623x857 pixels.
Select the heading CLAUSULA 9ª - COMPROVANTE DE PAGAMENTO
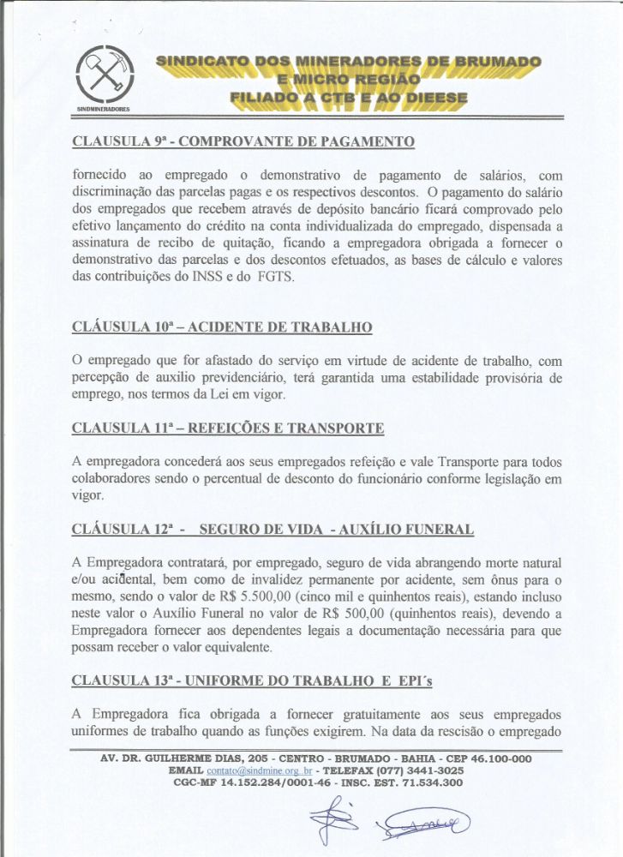pos(243,140)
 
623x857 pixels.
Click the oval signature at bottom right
pos(420,824)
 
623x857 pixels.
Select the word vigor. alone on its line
pos(89,494)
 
